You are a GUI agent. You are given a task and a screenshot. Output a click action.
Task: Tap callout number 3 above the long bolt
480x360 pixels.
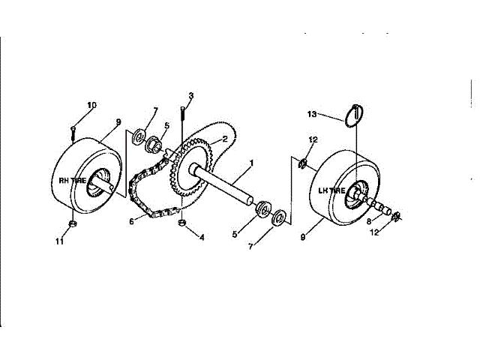tap(190, 95)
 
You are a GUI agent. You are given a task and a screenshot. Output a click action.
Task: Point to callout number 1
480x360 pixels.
tap(252, 163)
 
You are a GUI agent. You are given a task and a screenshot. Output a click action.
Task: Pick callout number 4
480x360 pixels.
tap(201, 238)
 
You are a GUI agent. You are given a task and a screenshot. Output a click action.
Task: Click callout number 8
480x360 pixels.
tap(368, 222)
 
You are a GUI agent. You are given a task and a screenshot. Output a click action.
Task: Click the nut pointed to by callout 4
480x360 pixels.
tap(181, 223)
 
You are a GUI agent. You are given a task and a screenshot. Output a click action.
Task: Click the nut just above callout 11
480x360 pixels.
tap(71, 224)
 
